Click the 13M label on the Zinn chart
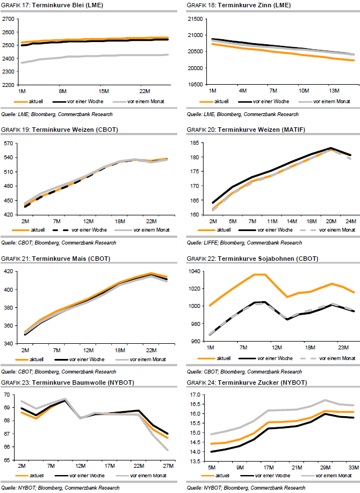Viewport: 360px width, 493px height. click(335, 91)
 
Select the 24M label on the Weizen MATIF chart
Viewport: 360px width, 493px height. click(350, 220)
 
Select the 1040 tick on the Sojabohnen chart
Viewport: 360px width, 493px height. click(195, 271)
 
